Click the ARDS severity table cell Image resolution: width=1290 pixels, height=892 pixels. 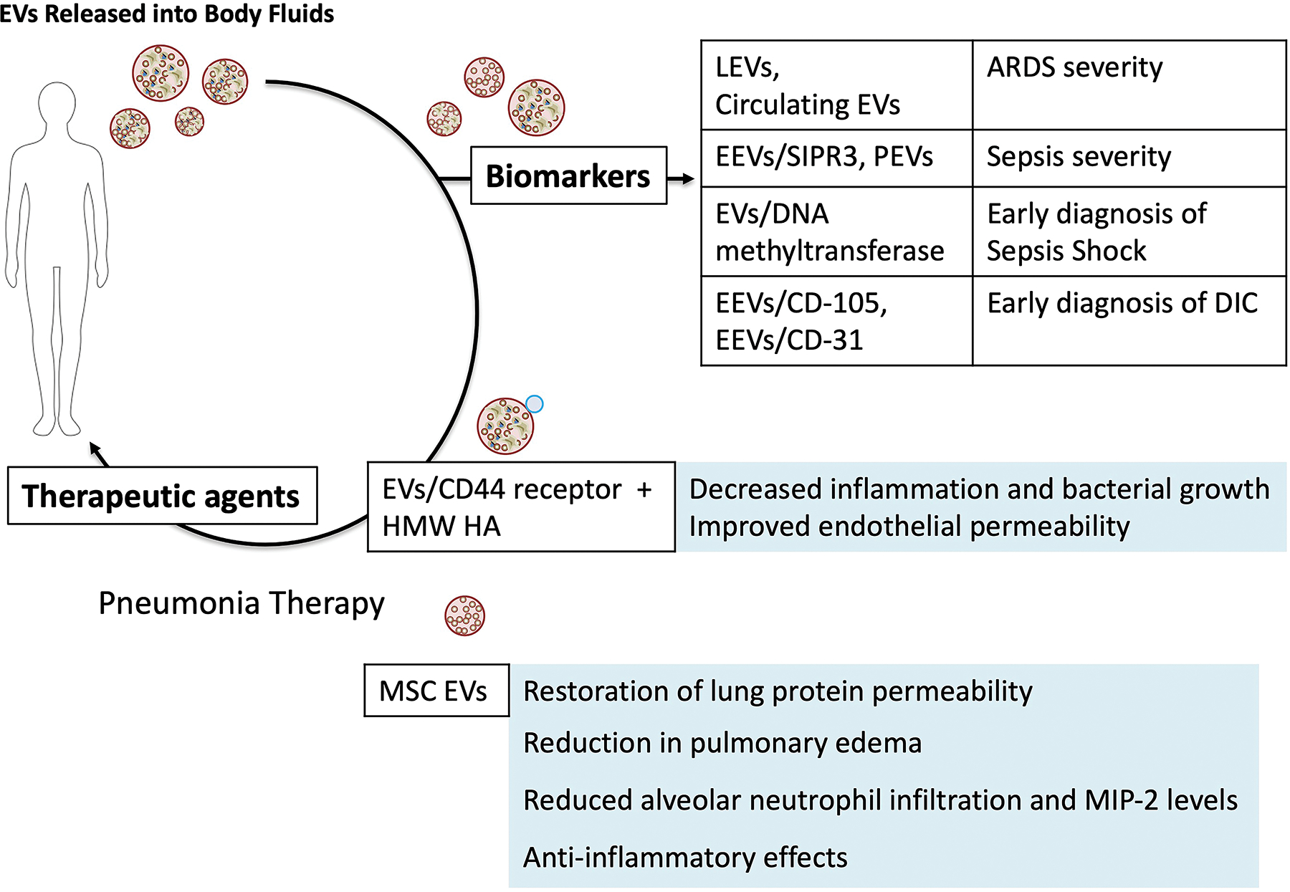pos(1129,85)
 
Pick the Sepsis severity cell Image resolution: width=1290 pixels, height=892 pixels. pos(1129,158)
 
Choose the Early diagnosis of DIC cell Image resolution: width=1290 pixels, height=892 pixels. pos(1129,321)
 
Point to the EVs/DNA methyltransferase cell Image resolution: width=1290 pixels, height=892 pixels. pos(837,231)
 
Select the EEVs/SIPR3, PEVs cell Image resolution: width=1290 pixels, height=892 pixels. pos(837,158)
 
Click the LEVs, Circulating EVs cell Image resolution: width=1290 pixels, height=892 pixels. pos(837,85)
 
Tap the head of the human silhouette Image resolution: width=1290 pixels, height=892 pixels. pos(57,104)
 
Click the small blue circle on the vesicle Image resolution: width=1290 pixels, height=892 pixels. pos(535,404)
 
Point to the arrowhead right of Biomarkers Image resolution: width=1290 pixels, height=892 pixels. pos(688,178)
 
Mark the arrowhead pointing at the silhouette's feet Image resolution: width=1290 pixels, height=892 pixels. pos(95,449)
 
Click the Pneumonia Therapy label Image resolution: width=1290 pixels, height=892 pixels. pos(242,603)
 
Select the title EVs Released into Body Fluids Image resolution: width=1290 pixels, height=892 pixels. pos(167,14)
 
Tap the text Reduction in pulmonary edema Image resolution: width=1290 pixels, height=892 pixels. pos(722,743)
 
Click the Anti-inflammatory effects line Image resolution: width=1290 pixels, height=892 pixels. pos(685,858)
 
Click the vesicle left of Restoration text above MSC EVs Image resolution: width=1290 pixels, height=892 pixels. pos(465,615)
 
